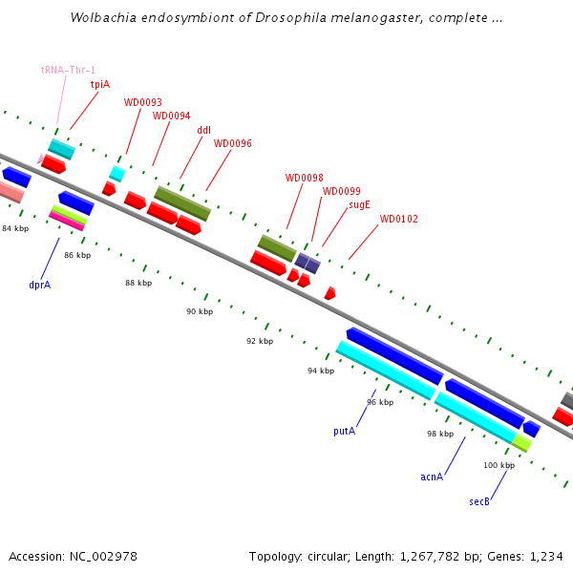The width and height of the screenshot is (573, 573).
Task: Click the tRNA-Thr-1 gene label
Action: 68,70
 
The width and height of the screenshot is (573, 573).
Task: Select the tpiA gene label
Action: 99,84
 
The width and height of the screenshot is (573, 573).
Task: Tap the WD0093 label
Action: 142,102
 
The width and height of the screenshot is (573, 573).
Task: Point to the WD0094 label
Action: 171,116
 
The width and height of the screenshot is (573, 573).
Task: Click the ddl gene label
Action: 203,130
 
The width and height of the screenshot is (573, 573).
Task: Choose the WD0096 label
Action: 232,143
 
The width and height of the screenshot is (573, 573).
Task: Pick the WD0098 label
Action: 304,178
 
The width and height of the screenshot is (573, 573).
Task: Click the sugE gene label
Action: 359,204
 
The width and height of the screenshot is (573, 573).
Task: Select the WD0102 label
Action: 398,219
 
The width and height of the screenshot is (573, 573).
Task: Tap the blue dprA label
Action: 39,285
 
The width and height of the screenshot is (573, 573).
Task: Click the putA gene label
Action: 344,431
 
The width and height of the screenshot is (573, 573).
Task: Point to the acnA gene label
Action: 432,476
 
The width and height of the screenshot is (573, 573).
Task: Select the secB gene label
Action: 479,501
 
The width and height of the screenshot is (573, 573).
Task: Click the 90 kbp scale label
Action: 200,312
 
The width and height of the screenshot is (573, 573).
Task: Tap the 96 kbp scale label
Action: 380,402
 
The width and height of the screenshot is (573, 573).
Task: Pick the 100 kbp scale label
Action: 499,465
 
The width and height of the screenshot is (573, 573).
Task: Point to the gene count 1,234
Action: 546,556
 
